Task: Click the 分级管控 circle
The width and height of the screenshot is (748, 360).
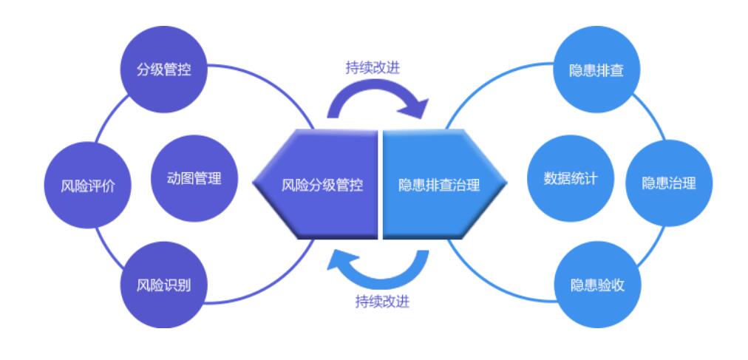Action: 163,69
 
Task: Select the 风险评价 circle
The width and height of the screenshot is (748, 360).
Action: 88,185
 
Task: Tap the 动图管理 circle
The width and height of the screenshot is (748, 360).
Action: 194,178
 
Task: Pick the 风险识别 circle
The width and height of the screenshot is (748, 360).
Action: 163,285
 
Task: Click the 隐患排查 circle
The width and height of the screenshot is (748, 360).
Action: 596,69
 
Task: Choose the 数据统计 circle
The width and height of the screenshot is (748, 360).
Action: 570,178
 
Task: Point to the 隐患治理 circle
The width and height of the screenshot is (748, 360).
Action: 669,183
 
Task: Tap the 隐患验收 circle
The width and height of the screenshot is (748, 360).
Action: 597,285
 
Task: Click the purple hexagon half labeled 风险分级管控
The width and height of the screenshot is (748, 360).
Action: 316,183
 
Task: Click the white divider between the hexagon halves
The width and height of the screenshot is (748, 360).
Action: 380,183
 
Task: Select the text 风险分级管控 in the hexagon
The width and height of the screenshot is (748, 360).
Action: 322,185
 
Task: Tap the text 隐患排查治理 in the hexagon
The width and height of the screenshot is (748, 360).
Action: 439,185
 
